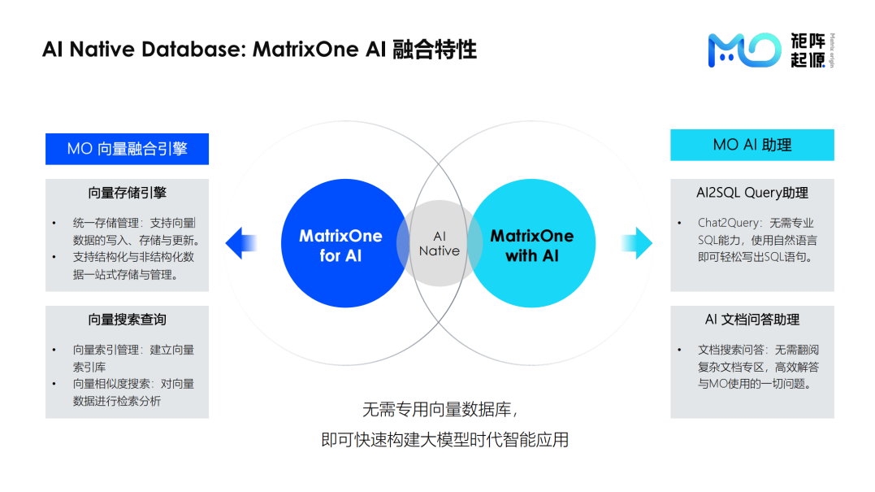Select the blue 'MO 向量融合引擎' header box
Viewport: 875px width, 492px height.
click(127, 149)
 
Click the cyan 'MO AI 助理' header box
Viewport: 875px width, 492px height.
click(752, 145)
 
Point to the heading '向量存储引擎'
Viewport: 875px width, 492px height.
click(127, 194)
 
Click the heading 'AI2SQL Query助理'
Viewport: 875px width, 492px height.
click(752, 194)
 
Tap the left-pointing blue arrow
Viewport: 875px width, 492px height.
click(240, 242)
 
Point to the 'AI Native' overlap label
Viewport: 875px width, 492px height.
click(439, 244)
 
